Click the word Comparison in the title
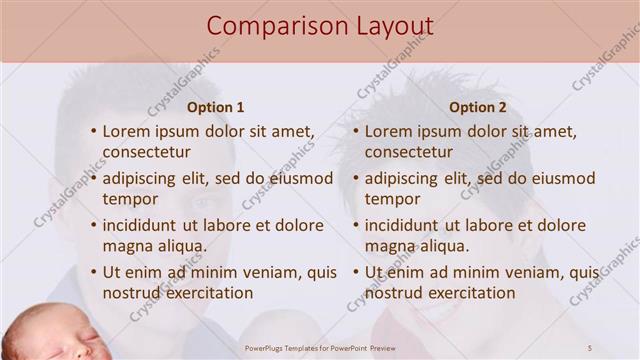270,26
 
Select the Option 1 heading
216,107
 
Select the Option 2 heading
478,107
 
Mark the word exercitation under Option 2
469,293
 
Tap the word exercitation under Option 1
207,293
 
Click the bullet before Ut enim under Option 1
93,272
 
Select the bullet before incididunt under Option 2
355,225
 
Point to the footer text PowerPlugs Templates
290,348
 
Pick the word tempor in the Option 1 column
130,199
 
